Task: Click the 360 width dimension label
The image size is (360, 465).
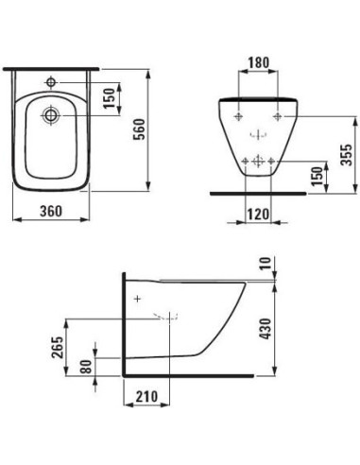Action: (x=51, y=211)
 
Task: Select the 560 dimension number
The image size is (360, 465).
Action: (x=139, y=129)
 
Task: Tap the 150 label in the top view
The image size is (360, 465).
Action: (x=110, y=98)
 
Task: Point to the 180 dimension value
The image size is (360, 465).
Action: (x=259, y=62)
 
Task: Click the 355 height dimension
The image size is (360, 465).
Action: (x=348, y=155)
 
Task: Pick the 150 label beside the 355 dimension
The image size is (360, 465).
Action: (x=317, y=177)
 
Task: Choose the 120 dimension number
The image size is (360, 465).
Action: (x=258, y=215)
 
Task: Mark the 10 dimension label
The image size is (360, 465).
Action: (x=266, y=263)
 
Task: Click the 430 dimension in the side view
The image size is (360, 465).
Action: (x=266, y=329)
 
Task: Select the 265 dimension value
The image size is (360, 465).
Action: (x=58, y=348)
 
